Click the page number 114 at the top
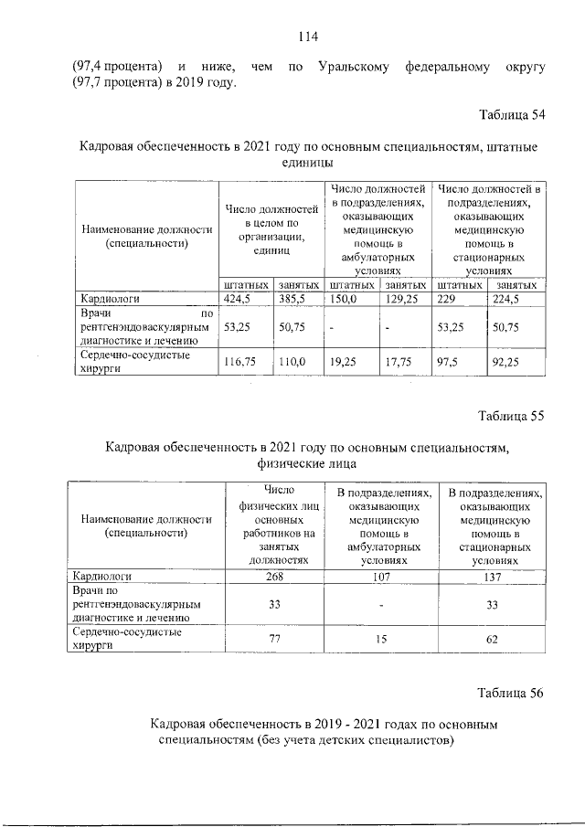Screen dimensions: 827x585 tap(306, 37)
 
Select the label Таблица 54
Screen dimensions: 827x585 tap(512, 115)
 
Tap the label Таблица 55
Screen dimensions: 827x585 tap(512, 415)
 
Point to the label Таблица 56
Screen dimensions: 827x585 tap(512, 692)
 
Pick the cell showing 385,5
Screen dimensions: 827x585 tap(293, 298)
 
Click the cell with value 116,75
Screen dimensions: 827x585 tap(241, 362)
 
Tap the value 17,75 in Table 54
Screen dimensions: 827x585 tap(399, 362)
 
